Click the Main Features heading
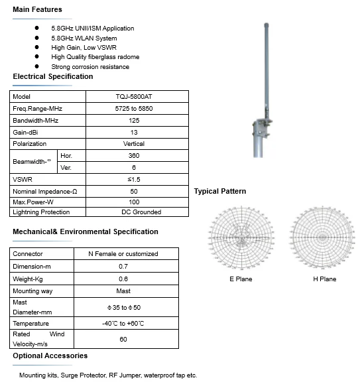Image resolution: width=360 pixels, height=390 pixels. click(x=38, y=9)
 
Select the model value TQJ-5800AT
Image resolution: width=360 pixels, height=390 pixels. click(x=133, y=97)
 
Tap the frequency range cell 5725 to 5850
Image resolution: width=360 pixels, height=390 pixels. click(x=133, y=109)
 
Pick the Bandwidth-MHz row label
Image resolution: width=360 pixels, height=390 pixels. click(x=36, y=121)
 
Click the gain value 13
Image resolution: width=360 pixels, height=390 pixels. click(x=133, y=132)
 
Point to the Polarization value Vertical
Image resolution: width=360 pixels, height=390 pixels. click(x=133, y=143)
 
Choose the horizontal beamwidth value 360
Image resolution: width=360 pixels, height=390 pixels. click(x=133, y=155)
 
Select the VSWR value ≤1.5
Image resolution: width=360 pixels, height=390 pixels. click(x=133, y=180)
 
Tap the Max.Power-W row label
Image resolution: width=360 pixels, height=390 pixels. click(x=33, y=201)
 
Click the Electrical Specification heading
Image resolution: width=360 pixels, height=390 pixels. click(x=53, y=77)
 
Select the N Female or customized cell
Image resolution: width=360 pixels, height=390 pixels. click(x=123, y=254)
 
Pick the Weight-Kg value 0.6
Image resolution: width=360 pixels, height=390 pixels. click(x=123, y=279)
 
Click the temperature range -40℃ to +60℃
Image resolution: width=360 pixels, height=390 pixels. click(x=123, y=323)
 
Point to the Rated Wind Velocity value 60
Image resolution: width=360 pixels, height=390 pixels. click(x=123, y=339)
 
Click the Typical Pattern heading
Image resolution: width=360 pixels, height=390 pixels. click(x=219, y=191)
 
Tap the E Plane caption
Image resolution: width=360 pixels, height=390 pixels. click(x=241, y=279)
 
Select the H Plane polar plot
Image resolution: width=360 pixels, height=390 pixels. click(x=324, y=237)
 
